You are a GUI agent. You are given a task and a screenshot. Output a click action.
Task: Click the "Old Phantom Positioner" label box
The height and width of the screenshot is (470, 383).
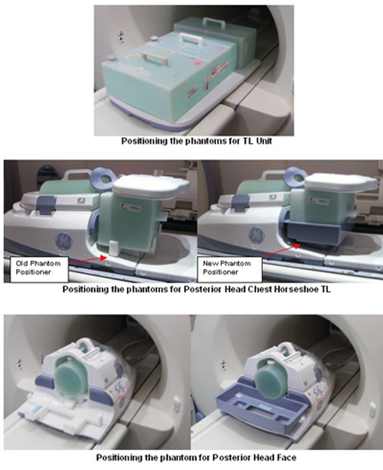click(39, 268)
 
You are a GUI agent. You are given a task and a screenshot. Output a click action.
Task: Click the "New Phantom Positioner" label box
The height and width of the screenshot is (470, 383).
click(230, 268)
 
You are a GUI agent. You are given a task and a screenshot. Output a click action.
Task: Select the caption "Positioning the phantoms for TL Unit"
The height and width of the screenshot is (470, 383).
click(197, 141)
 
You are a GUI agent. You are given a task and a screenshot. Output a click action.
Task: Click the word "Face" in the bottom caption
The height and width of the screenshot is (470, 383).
click(286, 457)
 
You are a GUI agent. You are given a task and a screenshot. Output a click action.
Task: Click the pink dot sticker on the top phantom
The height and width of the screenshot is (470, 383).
click(197, 63)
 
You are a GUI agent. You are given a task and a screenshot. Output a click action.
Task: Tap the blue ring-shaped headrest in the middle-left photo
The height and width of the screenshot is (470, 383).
click(104, 177)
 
